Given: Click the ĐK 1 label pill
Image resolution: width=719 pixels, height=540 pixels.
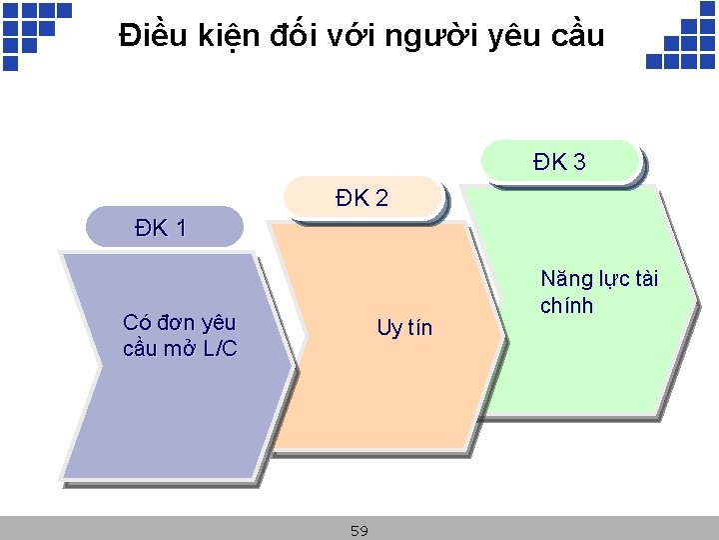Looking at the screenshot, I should click(164, 227).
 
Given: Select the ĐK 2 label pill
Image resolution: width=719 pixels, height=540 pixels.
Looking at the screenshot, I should click(362, 198).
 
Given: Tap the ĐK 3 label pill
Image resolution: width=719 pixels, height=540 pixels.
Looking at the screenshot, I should click(559, 162).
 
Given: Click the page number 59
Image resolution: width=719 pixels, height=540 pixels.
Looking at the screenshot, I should click(359, 531).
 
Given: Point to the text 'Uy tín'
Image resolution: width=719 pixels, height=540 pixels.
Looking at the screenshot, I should click(404, 328).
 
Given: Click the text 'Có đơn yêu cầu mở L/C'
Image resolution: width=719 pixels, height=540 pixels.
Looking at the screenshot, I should click(180, 335).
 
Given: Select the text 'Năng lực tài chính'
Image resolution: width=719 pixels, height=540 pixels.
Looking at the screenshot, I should click(599, 292).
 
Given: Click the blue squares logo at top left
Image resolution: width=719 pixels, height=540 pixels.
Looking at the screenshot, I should click(34, 31).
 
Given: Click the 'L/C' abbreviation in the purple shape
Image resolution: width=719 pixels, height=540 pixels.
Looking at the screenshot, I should click(218, 348).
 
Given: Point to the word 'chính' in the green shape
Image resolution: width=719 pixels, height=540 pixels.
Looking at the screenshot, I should click(566, 305).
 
